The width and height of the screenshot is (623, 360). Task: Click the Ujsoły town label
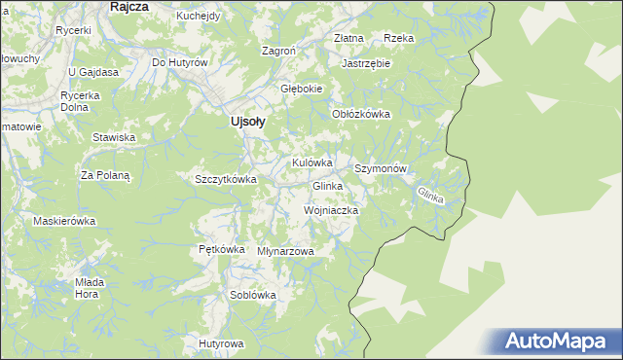(247, 122)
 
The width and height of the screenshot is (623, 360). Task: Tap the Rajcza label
(128, 7)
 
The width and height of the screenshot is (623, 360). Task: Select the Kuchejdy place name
(199, 17)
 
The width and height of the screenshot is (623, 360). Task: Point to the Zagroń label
(279, 51)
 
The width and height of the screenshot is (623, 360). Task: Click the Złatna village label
(348, 38)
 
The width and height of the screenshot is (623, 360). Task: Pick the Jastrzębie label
(366, 63)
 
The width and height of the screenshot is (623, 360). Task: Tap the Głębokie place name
(301, 89)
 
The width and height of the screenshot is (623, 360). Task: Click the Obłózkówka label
(361, 114)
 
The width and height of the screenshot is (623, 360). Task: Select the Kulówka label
(312, 162)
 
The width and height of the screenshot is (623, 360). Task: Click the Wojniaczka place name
(332, 210)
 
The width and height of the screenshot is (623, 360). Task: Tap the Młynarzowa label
(286, 251)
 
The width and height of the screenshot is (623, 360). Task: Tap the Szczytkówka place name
(225, 179)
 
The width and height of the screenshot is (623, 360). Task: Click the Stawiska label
(113, 137)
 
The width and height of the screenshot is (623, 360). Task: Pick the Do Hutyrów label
(180, 62)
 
